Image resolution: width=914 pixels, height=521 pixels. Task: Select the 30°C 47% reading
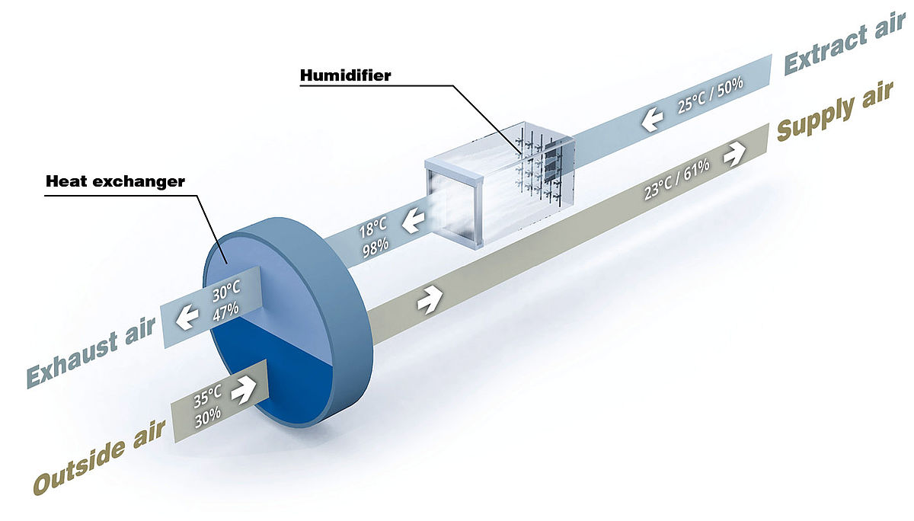(226, 301)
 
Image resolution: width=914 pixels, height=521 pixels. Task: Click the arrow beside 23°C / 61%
(734, 155)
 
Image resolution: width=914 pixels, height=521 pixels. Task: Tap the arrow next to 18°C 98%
(413, 221)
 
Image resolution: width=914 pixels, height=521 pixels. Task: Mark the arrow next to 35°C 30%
(243, 390)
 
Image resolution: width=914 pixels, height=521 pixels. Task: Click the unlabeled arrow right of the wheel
(430, 299)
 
